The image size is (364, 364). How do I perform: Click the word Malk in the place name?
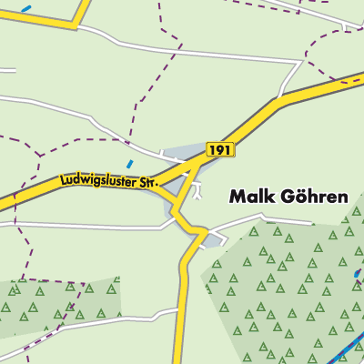click(x=248, y=196)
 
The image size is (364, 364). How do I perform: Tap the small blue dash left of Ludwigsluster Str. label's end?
click(x=129, y=165)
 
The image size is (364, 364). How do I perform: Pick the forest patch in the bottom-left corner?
click(x=55, y=300)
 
